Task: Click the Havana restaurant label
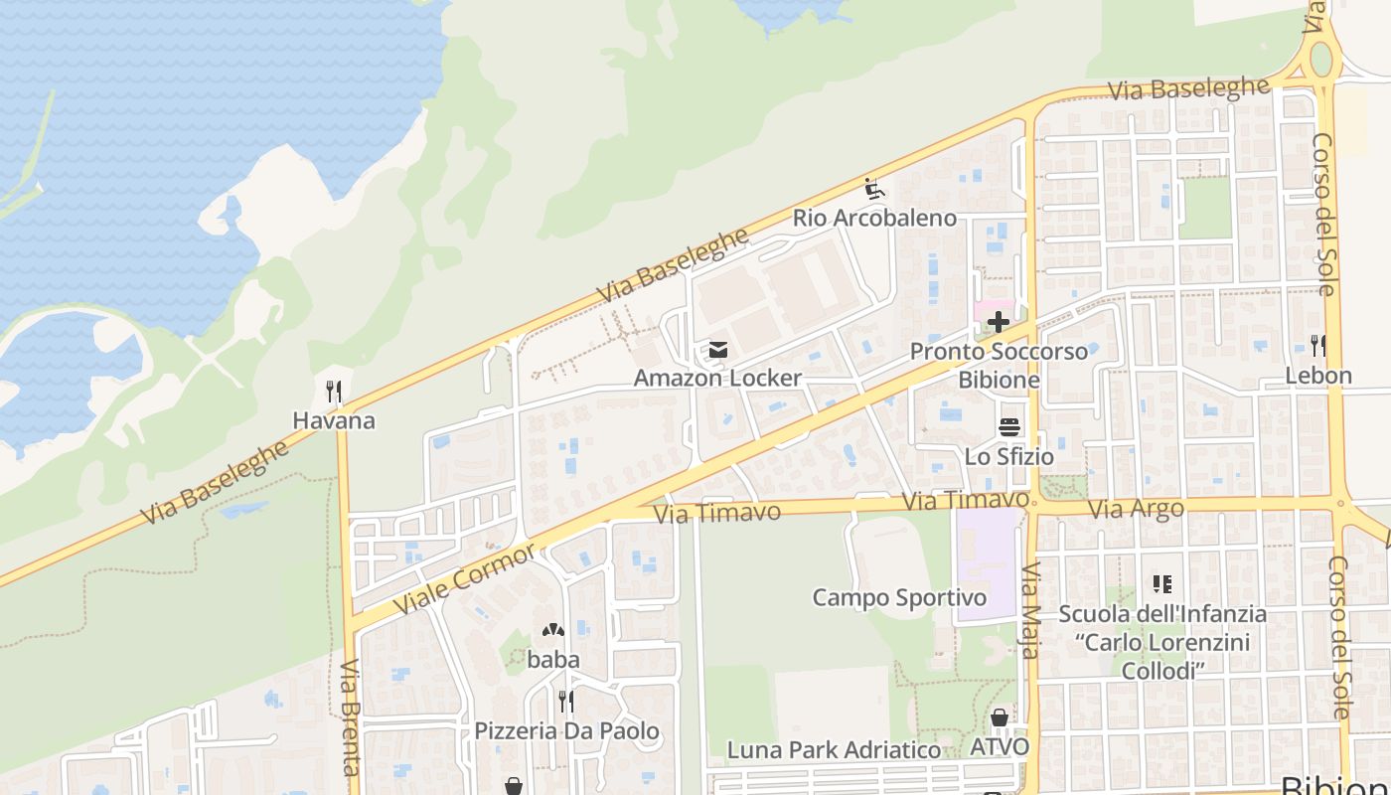tap(334, 420)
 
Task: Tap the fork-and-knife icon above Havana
tap(334, 392)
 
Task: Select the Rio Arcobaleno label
tap(874, 218)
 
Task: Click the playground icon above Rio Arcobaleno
tap(874, 188)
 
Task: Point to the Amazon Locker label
tap(717, 378)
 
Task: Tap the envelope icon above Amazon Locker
tap(717, 350)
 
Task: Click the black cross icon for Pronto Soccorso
tap(998, 322)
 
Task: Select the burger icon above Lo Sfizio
tap(1009, 427)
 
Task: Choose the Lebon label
tap(1318, 376)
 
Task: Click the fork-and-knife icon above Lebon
tap(1318, 346)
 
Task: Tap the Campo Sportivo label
tap(899, 597)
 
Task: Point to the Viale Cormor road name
tap(465, 579)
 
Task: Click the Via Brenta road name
tap(350, 716)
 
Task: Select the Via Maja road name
tap(1030, 611)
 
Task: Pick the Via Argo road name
tap(1136, 510)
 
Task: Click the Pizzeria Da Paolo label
tap(566, 731)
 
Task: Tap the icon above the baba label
tap(553, 630)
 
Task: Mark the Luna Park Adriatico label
tap(834, 749)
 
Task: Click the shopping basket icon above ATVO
tap(1000, 717)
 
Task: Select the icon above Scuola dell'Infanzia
tap(1161, 584)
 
